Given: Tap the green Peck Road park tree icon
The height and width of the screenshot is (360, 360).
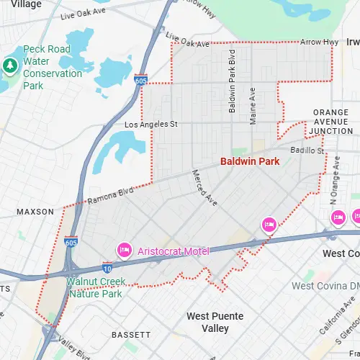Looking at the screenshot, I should tap(9, 66).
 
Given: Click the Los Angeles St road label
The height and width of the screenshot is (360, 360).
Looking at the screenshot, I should tap(150, 125).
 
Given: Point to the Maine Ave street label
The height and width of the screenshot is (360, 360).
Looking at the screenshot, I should tap(253, 105).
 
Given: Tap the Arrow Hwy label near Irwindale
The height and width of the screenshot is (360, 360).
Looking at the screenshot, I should tap(319, 42).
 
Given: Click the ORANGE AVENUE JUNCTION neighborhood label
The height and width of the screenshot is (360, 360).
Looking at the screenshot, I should tap(330, 122).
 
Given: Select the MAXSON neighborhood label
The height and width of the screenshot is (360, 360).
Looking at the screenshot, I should tap(35, 212).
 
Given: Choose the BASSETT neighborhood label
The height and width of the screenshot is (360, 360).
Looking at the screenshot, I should tap(131, 335).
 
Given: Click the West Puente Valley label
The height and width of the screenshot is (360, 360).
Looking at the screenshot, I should tap(215, 322).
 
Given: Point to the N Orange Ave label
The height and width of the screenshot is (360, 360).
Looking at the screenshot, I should tap(333, 184).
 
